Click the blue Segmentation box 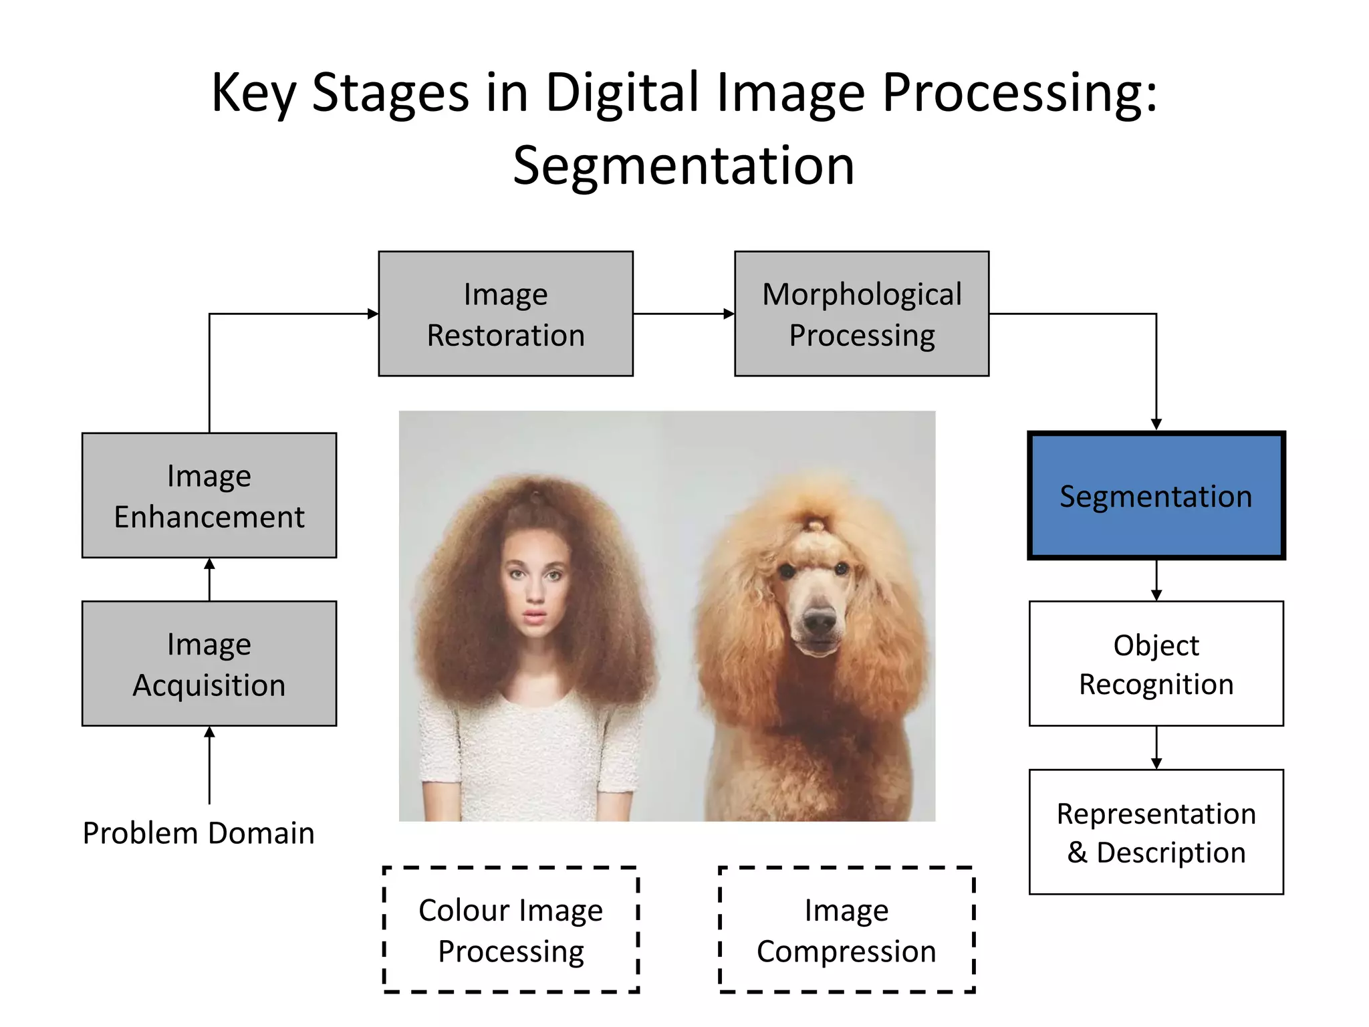[x=1156, y=495]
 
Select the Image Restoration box [x=505, y=314]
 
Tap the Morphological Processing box [x=862, y=314]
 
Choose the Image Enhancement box [x=209, y=495]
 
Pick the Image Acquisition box [x=209, y=663]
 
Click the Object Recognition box [x=1156, y=663]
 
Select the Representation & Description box [x=1156, y=832]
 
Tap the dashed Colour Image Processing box [x=511, y=929]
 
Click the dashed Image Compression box [x=846, y=929]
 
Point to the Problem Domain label [x=199, y=833]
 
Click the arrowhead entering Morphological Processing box [x=729, y=314]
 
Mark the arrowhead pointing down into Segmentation [x=1156, y=425]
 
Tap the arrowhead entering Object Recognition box [x=1156, y=595]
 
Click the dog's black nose [x=820, y=622]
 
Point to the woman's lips [x=535, y=614]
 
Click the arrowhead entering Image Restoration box [x=373, y=314]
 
